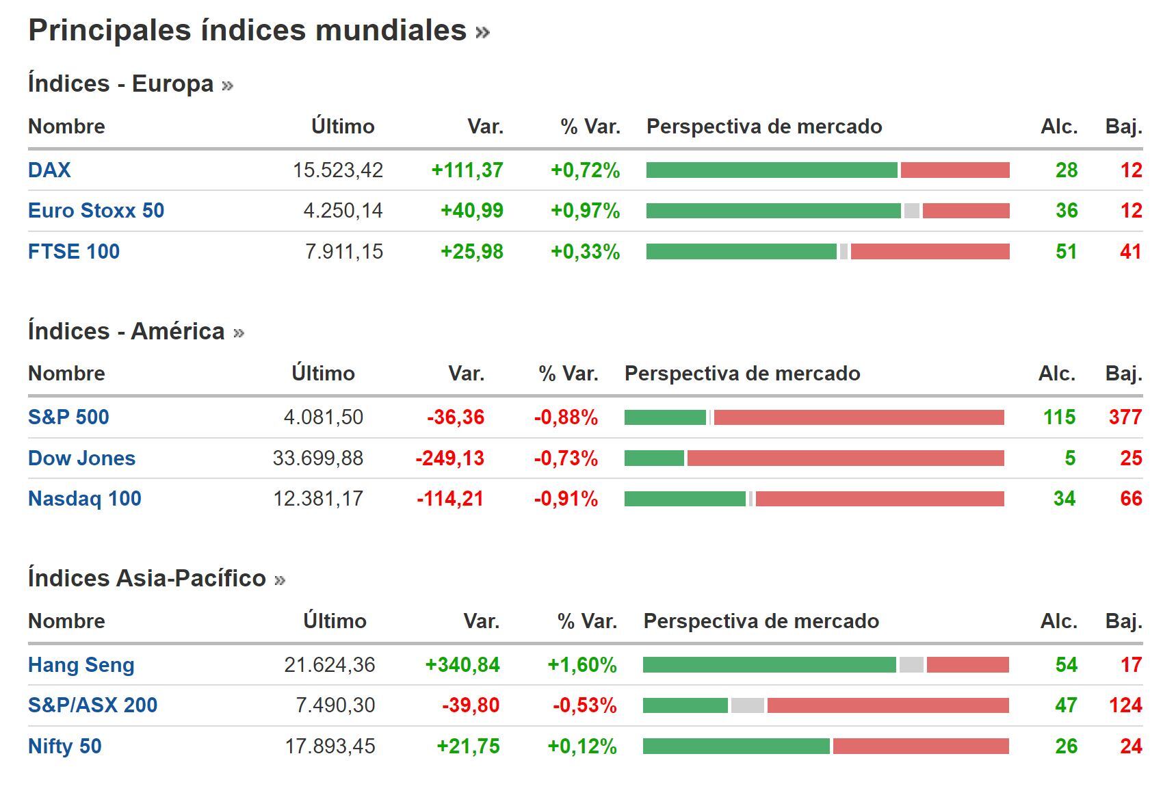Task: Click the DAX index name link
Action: tap(49, 170)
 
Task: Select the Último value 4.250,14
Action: tap(343, 211)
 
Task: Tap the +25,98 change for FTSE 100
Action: tap(471, 252)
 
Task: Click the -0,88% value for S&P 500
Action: tap(566, 417)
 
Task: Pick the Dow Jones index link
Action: tap(81, 458)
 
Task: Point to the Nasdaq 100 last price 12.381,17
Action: tap(318, 499)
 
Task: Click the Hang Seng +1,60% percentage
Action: tap(581, 665)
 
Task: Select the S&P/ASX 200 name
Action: tap(92, 705)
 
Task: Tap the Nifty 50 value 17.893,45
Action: tap(330, 746)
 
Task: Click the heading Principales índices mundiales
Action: tap(247, 31)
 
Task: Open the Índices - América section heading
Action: tap(127, 331)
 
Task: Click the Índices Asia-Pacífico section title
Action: tap(146, 578)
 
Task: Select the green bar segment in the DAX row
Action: tap(771, 170)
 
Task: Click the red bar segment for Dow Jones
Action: tap(845, 458)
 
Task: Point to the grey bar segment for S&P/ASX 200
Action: tap(747, 705)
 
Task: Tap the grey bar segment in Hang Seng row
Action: tap(911, 665)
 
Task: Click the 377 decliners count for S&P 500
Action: tap(1125, 417)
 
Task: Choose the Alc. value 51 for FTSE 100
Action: tap(1066, 252)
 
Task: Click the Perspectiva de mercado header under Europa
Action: tap(764, 127)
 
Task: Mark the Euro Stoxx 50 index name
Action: tap(96, 211)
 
